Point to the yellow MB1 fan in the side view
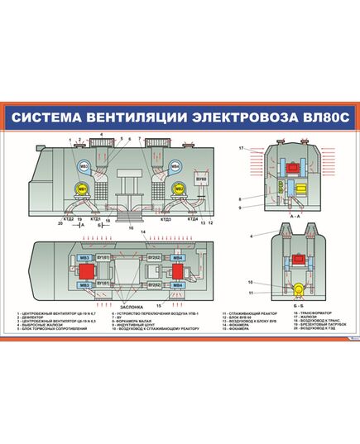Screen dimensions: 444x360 (82, 189)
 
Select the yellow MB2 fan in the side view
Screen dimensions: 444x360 (178, 189)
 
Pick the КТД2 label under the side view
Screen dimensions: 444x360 (70, 219)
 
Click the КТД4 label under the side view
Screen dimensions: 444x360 (192, 219)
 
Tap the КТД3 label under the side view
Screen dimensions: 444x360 (165, 219)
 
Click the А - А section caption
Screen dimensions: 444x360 (295, 212)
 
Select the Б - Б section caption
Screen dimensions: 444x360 (295, 303)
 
